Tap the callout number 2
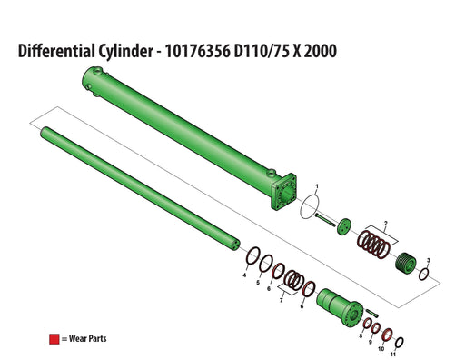click(386, 223)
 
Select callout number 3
click(429, 261)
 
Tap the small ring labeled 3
click(424, 272)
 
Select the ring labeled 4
click(256, 255)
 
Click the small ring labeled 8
click(367, 325)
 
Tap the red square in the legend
click(54, 339)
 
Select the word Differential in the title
click(64, 51)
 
